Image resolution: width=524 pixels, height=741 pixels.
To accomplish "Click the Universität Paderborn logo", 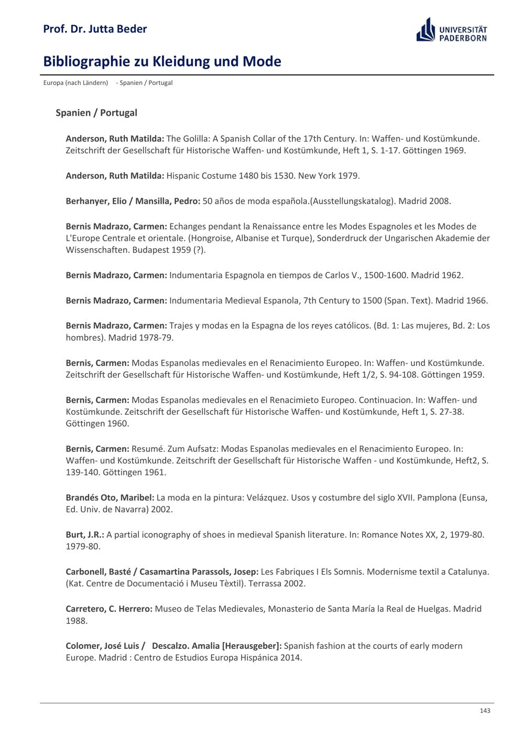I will pos(451,30).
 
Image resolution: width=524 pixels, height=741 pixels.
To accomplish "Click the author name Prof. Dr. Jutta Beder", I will pos(95,29).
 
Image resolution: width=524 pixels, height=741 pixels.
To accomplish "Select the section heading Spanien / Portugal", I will pos(96,113).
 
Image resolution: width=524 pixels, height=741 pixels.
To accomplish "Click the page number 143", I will pos(485,711).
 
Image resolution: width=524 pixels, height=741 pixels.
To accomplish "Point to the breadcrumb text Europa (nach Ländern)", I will pos(75,83).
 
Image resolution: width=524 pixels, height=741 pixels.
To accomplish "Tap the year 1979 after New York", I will pos(348,176).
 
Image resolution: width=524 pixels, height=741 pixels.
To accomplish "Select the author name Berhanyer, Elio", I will pos(95,201).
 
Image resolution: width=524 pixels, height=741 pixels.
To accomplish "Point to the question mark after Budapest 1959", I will pos(199,250).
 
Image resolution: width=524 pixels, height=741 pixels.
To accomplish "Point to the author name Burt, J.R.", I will pos(85,535).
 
